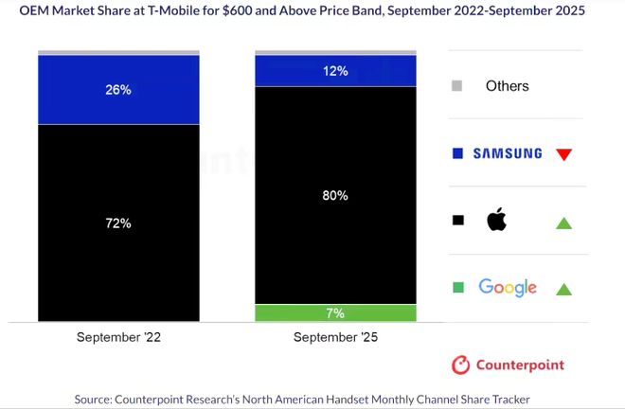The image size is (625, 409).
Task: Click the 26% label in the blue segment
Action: click(x=118, y=91)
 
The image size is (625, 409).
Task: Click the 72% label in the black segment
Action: click(x=118, y=223)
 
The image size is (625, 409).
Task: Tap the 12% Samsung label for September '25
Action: click(x=335, y=71)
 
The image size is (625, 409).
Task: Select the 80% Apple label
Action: click(x=335, y=196)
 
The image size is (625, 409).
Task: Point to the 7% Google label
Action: click(x=335, y=313)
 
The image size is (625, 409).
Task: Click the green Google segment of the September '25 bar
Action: click(x=284, y=313)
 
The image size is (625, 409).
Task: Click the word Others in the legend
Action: click(x=507, y=86)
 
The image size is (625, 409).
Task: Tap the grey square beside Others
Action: click(x=457, y=86)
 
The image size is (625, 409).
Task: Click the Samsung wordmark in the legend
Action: click(x=507, y=153)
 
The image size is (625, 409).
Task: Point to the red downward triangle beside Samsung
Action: click(x=564, y=154)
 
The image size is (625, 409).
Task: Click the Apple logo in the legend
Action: click(x=497, y=221)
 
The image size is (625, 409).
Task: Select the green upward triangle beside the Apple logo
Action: click(x=564, y=222)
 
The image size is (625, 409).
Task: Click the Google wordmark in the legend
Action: click(x=508, y=288)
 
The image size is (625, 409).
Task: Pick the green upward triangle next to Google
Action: click(x=564, y=289)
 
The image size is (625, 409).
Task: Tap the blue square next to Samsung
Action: click(x=457, y=153)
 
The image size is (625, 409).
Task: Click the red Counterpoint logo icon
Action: click(x=461, y=365)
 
